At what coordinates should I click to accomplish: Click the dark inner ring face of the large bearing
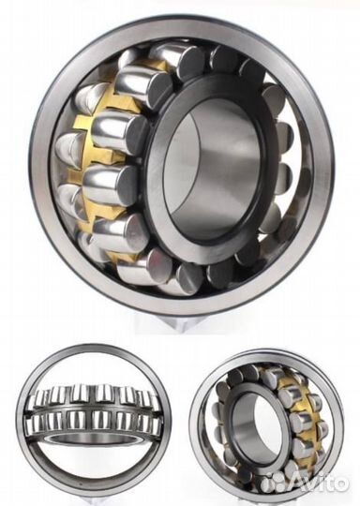[155, 181]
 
